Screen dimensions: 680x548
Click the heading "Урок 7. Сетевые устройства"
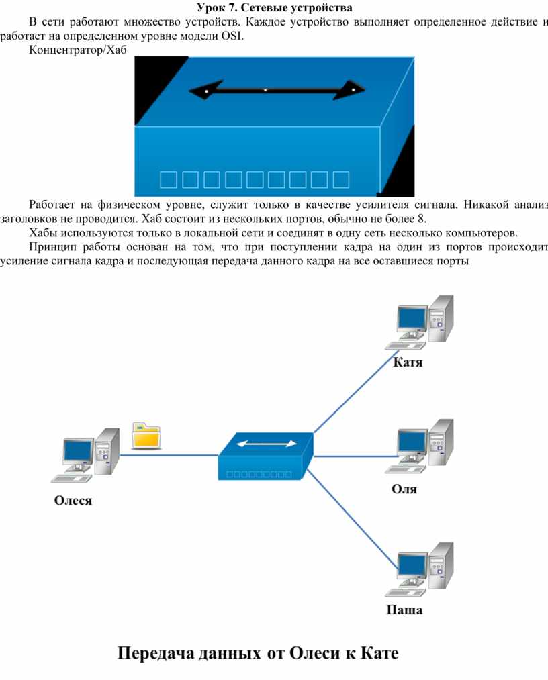pyautogui.click(x=275, y=8)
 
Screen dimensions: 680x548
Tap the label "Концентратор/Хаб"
pyautogui.click(x=77, y=50)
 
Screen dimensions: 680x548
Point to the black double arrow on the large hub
pyautogui.click(x=276, y=89)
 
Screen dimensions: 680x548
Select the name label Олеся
pyautogui.click(x=73, y=500)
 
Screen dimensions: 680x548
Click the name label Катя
pyautogui.click(x=408, y=363)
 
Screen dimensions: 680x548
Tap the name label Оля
pyautogui.click(x=404, y=489)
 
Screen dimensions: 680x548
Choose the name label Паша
pyautogui.click(x=404, y=610)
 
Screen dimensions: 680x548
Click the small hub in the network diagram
pyautogui.click(x=266, y=456)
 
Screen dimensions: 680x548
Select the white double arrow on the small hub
pyautogui.click(x=266, y=444)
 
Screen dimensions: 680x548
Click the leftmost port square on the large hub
pyautogui.click(x=169, y=179)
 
